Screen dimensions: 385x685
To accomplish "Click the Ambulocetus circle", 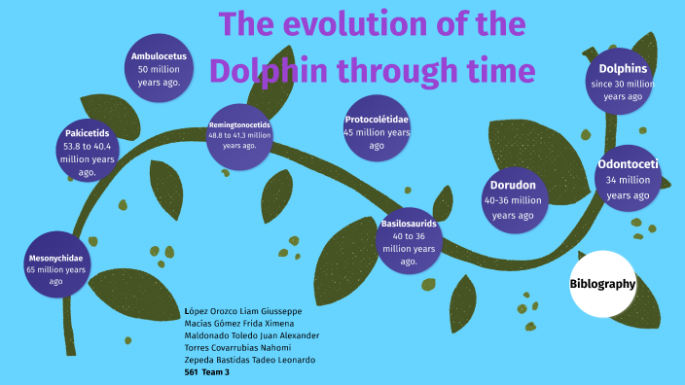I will [x=159, y=69].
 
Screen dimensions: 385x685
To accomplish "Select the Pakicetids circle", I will [x=87, y=152].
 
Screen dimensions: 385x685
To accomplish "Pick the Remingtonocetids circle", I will [x=239, y=136].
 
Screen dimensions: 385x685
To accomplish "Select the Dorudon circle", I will [x=513, y=200].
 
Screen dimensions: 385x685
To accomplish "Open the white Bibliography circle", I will [x=602, y=285].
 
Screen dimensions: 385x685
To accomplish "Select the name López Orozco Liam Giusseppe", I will [x=242, y=311].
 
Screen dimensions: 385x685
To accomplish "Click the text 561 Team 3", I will [x=207, y=371].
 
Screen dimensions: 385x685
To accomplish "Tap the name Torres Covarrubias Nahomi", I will [x=237, y=347].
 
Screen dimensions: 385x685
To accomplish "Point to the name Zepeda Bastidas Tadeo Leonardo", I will [x=249, y=360].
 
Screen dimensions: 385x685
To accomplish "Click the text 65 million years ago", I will [x=55, y=275].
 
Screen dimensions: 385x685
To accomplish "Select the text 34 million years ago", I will [x=628, y=188].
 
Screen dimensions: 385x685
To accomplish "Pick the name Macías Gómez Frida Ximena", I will [x=239, y=323].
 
